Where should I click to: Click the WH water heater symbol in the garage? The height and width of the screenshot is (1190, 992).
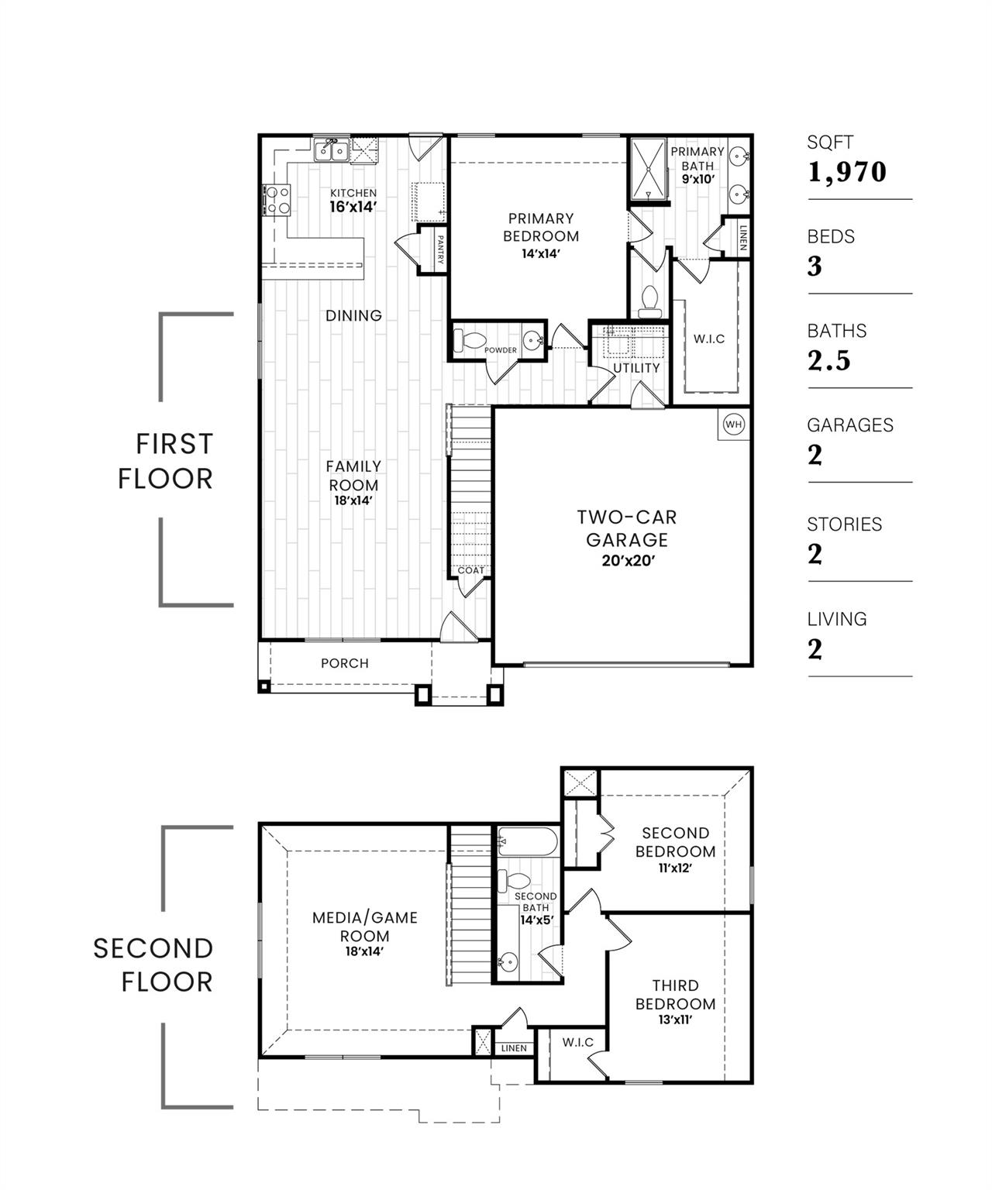coord(733,424)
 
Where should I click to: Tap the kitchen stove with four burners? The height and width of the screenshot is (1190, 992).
coord(276,198)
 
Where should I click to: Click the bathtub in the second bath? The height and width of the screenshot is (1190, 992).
coord(527,841)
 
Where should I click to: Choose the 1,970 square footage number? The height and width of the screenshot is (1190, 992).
coord(847,172)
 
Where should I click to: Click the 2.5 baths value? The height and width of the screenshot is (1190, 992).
coord(829,360)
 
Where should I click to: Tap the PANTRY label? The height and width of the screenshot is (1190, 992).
coord(439,250)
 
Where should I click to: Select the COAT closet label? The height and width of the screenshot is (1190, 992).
coord(470,570)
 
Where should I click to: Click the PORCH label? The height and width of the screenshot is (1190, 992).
coord(345,663)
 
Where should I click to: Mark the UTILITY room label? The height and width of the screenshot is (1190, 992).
coord(636,368)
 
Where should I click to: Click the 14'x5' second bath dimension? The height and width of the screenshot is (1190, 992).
coord(536,920)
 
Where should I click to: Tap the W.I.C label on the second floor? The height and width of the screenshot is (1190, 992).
coord(578,1042)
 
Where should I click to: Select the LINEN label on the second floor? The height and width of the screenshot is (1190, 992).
coord(514,1048)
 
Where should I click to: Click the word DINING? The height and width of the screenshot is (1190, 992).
coord(353,315)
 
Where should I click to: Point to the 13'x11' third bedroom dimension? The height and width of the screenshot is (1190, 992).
coord(675,1020)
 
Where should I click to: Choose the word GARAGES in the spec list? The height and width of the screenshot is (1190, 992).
coord(850,425)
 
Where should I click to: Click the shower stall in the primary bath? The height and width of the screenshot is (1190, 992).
coord(647,168)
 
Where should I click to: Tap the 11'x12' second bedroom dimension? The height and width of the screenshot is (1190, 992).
coord(675,868)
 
